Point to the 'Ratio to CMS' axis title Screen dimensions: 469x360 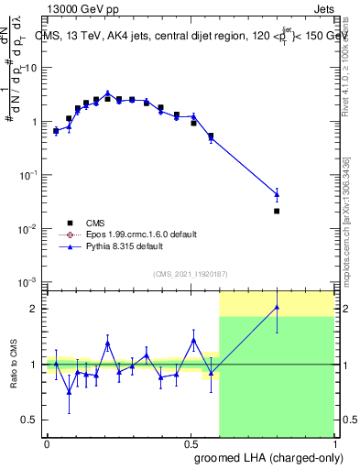(x=15, y=364)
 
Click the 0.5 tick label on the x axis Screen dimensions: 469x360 (x=191, y=443)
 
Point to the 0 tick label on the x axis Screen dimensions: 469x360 (x=47, y=443)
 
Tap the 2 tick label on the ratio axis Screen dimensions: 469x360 (x=33, y=309)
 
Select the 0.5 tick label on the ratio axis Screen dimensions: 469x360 (x=29, y=420)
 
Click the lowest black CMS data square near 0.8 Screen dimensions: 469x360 (x=277, y=211)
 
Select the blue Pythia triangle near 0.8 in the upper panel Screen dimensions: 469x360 (x=277, y=193)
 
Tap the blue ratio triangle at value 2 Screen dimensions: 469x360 (x=277, y=307)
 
